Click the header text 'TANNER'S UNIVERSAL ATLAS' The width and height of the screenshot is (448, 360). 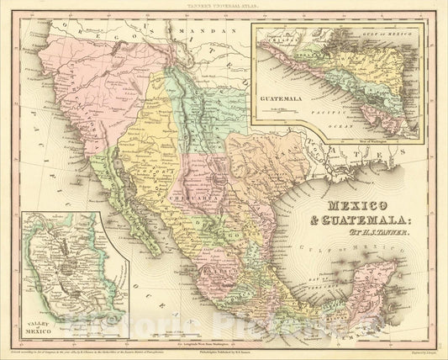coord(224,5)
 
